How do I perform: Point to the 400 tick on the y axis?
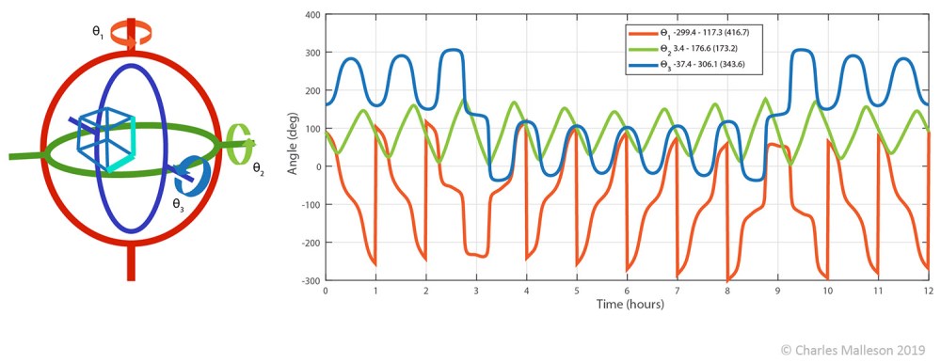[311, 15]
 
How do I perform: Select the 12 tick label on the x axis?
[928, 292]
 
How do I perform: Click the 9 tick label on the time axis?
[777, 292]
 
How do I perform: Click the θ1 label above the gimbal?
[97, 30]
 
